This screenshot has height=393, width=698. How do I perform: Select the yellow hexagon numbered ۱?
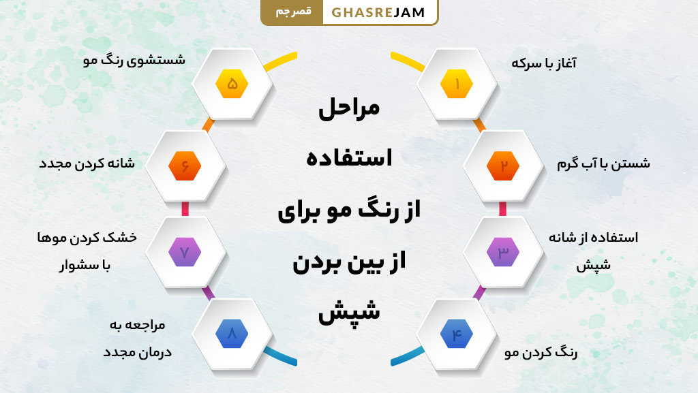point(456,84)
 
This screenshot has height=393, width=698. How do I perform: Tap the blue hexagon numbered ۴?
point(456,334)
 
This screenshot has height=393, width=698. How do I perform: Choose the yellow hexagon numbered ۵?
point(232,84)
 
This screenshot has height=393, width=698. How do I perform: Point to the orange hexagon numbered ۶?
point(185,166)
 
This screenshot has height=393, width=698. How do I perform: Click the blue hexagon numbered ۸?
point(232,334)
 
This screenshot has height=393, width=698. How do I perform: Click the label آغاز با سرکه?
point(544,63)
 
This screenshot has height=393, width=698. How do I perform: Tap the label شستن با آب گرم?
point(603,163)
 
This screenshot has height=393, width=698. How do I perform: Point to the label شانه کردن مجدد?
point(87,164)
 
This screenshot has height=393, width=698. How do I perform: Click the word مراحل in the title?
point(349,110)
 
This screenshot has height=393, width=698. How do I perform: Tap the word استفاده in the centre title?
point(349,159)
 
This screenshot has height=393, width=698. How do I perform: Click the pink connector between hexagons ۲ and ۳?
point(503,208)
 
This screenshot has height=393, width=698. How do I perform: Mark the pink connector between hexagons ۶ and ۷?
point(185,208)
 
